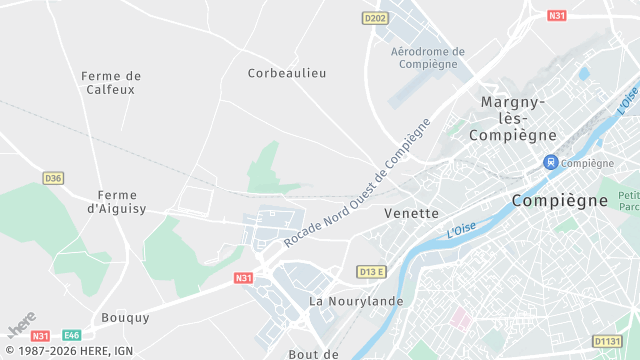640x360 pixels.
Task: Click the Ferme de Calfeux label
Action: point(111,82)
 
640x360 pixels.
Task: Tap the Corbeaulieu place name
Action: point(287,73)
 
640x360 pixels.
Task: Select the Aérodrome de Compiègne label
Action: point(428,58)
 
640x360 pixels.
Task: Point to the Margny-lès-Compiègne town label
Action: point(512,118)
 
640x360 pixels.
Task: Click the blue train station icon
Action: point(549,162)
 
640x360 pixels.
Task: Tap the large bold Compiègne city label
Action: point(560,200)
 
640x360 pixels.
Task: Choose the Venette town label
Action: point(411,213)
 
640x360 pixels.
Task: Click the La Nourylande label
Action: point(356,300)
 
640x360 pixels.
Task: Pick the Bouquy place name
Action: point(125,318)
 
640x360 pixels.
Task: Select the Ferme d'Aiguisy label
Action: point(118,202)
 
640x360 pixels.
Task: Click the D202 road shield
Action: point(375,18)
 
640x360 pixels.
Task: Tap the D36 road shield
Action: point(53,178)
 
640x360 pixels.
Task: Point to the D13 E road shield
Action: point(371,271)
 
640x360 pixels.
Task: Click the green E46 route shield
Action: point(72,336)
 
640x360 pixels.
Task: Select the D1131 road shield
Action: point(607,341)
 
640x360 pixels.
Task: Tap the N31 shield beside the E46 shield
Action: point(41,336)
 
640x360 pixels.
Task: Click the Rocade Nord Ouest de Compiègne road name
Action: point(356,184)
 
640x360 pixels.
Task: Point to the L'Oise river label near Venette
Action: point(461,229)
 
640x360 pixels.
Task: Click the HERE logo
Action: point(20,328)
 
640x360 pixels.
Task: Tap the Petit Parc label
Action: point(629,201)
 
